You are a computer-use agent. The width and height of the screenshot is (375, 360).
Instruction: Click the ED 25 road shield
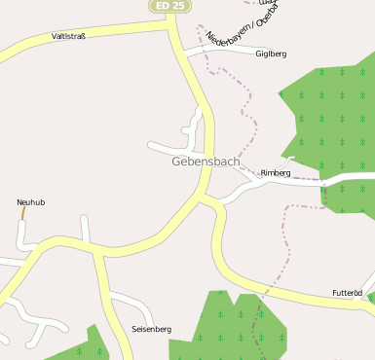[169, 6]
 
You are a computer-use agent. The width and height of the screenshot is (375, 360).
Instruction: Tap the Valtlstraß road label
[69, 36]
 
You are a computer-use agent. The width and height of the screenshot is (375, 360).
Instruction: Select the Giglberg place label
[271, 54]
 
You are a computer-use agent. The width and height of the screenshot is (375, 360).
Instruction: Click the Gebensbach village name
[206, 161]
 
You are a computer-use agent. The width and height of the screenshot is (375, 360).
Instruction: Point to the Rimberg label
[276, 172]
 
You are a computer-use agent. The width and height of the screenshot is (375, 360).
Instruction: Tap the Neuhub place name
[31, 202]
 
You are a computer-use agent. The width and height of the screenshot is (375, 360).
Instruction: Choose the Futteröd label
[347, 293]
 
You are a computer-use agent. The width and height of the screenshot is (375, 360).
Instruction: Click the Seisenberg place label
[151, 330]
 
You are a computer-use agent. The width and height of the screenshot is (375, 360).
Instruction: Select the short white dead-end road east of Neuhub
[86, 230]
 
